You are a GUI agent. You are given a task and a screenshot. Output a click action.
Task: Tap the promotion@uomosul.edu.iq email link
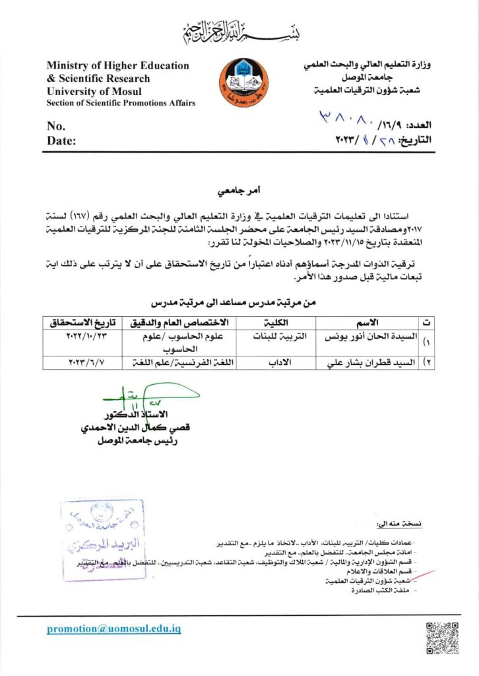tap(113, 628)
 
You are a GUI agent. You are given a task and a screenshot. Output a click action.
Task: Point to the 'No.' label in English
tap(56, 126)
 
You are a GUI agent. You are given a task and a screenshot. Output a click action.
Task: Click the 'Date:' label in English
tap(61, 140)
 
